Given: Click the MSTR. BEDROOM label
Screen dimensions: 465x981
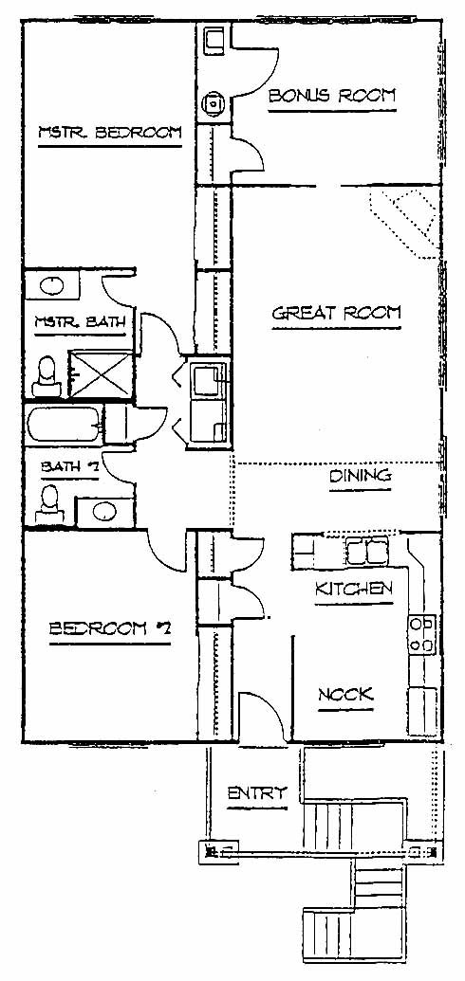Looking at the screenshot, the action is coord(110,134).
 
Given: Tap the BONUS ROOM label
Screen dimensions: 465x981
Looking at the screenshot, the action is coord(332,96).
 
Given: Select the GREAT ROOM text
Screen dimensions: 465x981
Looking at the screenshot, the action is coord(336,314).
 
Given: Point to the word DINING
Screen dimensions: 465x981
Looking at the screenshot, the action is coord(361,476).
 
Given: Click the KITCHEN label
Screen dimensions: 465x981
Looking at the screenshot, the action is coord(353,589).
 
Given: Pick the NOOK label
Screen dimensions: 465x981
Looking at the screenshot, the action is coord(345,695).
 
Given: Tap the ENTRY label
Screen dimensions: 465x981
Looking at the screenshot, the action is coord(256,793).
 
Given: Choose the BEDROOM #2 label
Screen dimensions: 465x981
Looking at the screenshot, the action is coord(110,628).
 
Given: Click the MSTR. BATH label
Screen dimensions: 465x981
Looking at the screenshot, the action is coord(80,323).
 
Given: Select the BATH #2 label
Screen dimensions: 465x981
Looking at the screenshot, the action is coord(69,466).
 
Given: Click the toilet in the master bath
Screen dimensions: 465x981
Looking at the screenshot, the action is coord(46,378).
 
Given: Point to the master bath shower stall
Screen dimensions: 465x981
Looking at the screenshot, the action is coord(101,374).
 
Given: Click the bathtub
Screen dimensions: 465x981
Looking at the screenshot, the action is coord(64,424).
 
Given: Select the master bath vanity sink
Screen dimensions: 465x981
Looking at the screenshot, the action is coord(51,286).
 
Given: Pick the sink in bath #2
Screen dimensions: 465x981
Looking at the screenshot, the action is coord(104,512).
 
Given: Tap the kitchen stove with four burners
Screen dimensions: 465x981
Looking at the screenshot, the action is coord(421,634).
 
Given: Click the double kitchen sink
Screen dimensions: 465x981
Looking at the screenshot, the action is coord(367,551).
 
